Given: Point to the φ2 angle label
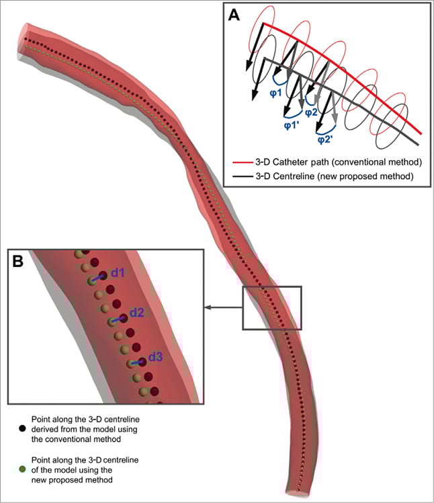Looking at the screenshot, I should click(x=311, y=112).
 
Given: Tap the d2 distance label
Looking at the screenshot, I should click(x=137, y=312).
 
